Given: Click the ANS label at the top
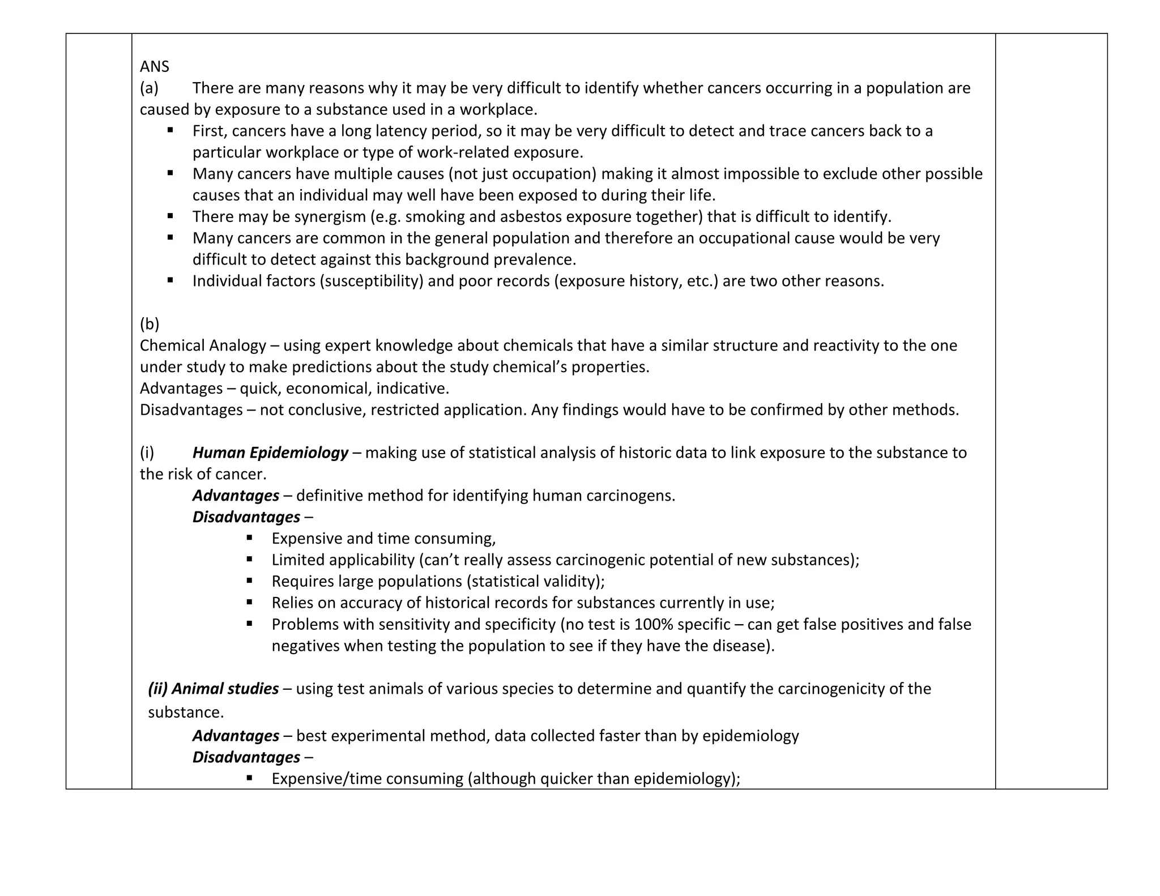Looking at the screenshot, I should click(x=154, y=67).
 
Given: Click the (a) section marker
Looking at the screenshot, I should click(x=149, y=88).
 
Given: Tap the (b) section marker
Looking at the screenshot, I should click(x=150, y=324).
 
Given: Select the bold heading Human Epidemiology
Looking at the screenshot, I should click(x=270, y=453).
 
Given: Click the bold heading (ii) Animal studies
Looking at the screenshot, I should click(x=214, y=689).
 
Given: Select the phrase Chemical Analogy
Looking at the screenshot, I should click(x=203, y=345).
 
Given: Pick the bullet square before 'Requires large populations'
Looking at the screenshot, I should click(x=250, y=581).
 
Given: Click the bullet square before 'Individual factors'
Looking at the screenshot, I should click(x=170, y=280).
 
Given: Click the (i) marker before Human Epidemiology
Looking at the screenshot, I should click(x=147, y=453).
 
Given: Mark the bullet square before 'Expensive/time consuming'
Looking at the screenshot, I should click(x=250, y=778).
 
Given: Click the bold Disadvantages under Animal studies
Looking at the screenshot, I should click(x=246, y=757).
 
